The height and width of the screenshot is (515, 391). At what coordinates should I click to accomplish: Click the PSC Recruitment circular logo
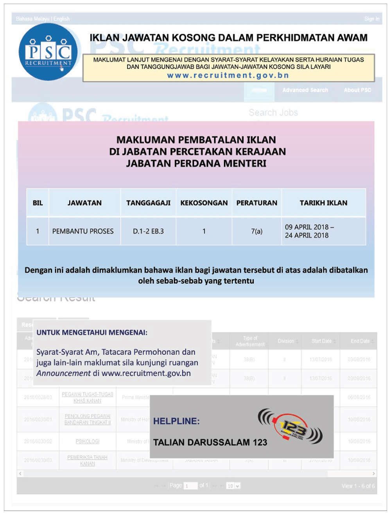48,52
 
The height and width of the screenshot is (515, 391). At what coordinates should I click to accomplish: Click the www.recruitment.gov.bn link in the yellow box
228,75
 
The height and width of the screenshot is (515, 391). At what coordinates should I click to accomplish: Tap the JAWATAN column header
84,203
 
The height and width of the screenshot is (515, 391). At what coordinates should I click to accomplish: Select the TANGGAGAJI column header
148,203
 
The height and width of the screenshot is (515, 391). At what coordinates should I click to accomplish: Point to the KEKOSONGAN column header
204,203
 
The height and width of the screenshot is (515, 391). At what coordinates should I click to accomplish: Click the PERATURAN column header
256,203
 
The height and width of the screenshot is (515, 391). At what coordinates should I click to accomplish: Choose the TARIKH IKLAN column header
323,203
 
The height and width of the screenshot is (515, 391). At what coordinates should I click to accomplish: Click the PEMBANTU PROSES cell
83,231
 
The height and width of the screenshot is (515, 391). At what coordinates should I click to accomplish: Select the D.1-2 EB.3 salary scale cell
148,231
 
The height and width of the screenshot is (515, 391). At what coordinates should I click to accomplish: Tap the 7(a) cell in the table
256,231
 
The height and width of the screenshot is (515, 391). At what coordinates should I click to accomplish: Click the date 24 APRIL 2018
307,235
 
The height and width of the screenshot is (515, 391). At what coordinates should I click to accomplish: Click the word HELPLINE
176,421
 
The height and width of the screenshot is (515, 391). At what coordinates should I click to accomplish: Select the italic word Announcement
63,373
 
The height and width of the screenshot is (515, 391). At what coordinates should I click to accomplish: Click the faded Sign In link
371,19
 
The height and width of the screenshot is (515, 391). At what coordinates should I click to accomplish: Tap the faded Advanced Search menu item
305,90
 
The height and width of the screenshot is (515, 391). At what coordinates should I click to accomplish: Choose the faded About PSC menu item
357,90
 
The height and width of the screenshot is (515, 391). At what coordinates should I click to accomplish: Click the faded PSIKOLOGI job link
88,441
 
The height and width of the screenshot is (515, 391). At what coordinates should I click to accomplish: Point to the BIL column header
38,203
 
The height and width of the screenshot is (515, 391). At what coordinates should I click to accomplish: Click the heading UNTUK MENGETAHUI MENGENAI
92,333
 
